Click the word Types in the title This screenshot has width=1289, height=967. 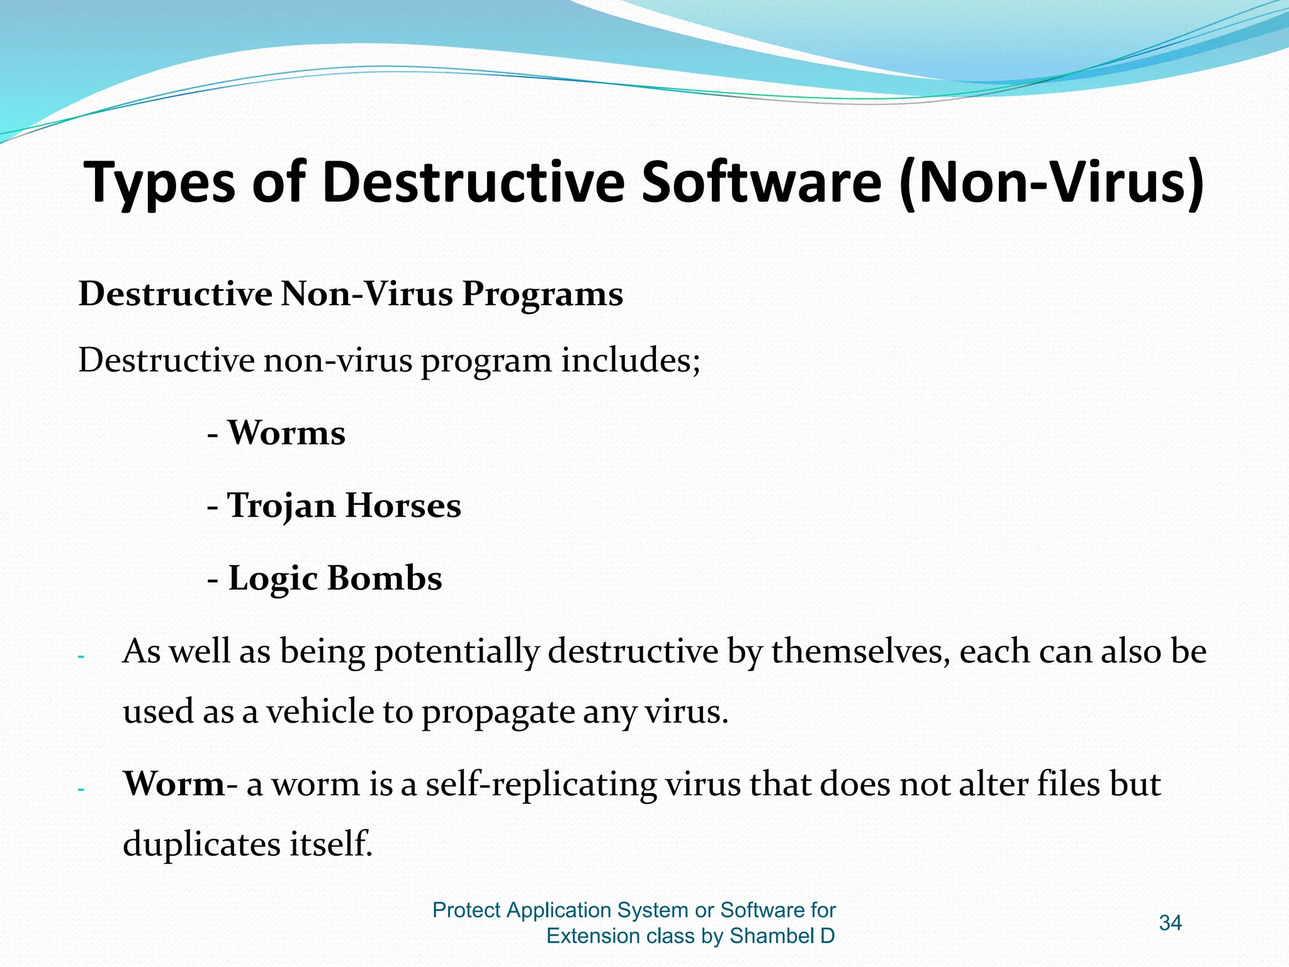tap(160, 183)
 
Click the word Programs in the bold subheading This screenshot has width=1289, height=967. tap(543, 294)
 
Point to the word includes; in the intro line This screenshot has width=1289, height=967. tap(631, 361)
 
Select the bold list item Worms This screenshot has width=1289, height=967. tap(286, 433)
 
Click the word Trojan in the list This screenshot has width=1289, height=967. tap(281, 506)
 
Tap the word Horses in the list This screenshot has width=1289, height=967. tap(403, 506)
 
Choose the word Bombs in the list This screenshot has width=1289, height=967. tap(385, 578)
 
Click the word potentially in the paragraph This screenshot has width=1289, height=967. tap(457, 652)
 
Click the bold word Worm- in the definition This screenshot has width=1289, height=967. tap(180, 784)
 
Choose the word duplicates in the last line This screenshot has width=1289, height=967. tap(201, 844)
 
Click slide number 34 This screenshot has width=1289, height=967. tap(1170, 923)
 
